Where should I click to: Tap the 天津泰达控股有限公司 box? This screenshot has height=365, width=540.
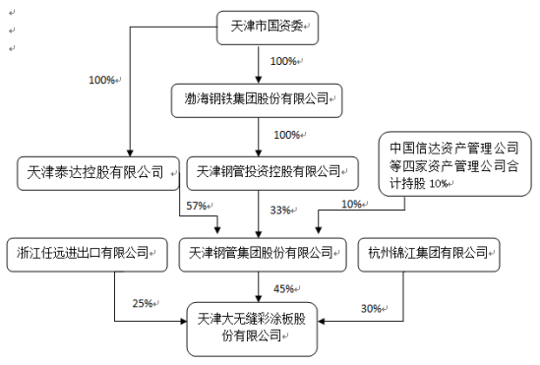coord(96,172)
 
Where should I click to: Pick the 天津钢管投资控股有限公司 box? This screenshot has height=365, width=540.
coord(263,172)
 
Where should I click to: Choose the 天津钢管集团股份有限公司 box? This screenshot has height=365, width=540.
coord(263,253)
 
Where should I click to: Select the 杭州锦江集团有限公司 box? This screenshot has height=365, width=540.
coord(427,253)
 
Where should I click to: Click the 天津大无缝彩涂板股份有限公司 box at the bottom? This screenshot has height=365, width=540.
coord(255,329)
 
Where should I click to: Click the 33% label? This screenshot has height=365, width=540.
coord(280,210)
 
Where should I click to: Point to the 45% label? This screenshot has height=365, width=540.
coord(285,288)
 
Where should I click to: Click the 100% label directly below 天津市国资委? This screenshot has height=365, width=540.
coord(283,62)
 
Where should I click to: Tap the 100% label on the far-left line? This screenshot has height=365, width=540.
coord(102,78)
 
